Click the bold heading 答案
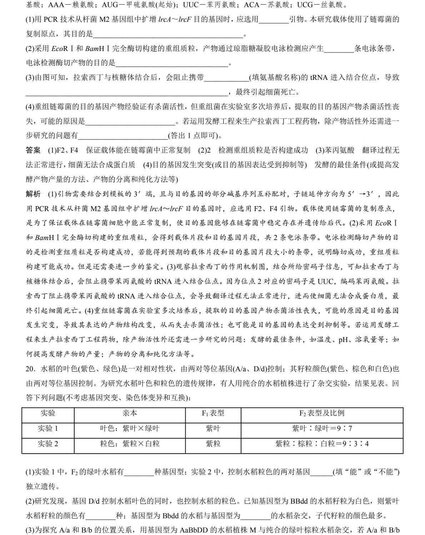click(x=33, y=151)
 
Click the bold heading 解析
click(x=33, y=194)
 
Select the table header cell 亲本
click(x=130, y=413)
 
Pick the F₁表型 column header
click(x=213, y=413)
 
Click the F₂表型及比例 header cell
click(x=321, y=413)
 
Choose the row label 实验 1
click(x=48, y=428)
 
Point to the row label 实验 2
click(x=48, y=444)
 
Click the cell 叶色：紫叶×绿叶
click(x=130, y=428)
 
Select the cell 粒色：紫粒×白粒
click(x=130, y=444)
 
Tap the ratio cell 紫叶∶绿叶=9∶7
click(x=321, y=428)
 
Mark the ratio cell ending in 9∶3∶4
click(x=321, y=444)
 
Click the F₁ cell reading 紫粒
click(x=213, y=444)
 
